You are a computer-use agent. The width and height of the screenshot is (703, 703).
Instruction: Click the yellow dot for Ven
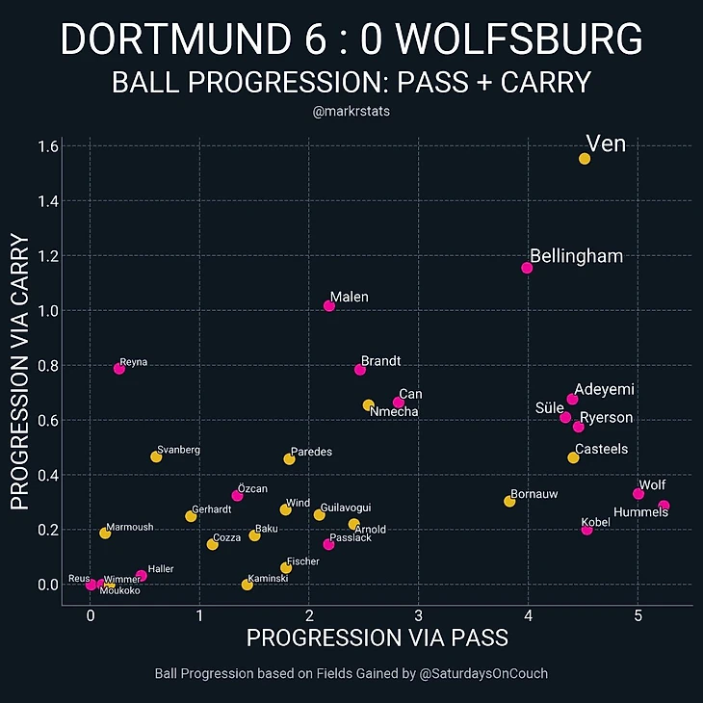(585, 159)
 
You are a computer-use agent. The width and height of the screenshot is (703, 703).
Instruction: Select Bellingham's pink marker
(527, 268)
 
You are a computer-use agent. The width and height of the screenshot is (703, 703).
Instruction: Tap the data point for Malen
(329, 306)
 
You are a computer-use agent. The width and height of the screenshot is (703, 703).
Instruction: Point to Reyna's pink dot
(119, 369)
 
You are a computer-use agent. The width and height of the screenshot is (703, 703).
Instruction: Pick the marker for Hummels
(664, 506)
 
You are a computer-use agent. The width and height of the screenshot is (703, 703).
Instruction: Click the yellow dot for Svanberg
(156, 456)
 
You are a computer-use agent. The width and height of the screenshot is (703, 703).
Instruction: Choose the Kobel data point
(587, 530)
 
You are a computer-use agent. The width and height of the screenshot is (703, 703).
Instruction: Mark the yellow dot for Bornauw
(509, 501)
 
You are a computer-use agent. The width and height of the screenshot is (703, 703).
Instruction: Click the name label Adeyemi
(604, 389)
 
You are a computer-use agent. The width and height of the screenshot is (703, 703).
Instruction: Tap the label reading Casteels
(601, 449)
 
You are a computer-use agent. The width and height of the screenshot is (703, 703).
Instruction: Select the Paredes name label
(311, 451)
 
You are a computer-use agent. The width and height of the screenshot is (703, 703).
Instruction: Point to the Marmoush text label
(129, 527)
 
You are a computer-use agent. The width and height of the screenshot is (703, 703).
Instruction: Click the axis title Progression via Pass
(378, 638)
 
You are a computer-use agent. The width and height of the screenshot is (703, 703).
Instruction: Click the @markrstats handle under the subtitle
(351, 112)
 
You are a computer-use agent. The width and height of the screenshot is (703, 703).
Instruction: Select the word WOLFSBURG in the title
(519, 40)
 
